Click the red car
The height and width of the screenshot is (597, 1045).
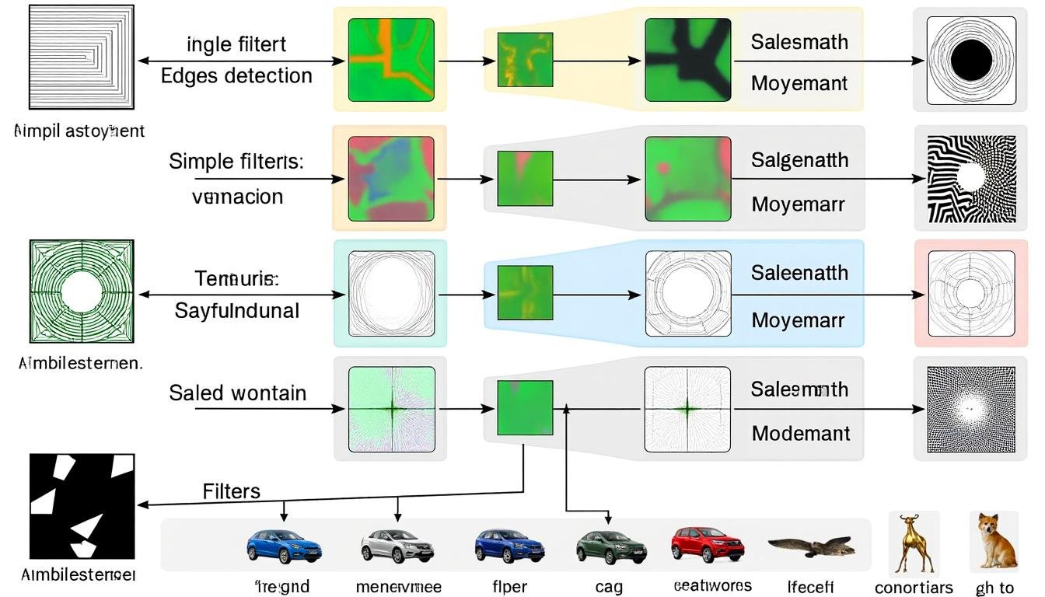702,543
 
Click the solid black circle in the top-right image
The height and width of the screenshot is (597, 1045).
971,60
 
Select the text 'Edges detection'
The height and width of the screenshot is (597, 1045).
236,75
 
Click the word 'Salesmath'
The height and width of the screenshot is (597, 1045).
799,42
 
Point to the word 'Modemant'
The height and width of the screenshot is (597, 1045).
801,433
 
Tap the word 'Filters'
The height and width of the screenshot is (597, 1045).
231,491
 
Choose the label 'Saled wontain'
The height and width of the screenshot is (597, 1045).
237,393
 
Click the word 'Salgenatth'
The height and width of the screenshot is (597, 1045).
799,160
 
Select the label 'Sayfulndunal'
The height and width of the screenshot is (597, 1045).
236,311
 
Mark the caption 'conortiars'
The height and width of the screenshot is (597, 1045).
914,588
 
